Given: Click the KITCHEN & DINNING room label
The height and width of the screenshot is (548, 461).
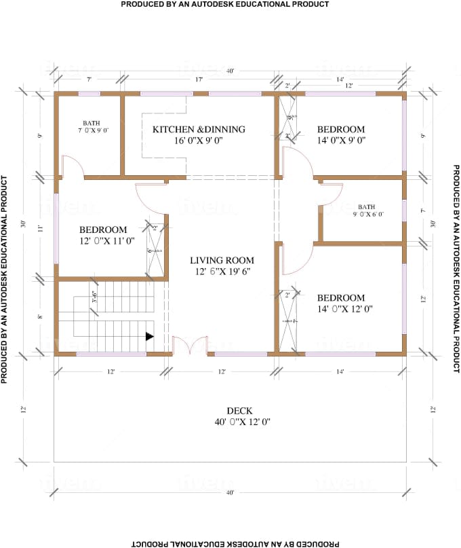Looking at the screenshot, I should click(199, 129).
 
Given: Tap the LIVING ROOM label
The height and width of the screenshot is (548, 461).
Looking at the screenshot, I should click(222, 260).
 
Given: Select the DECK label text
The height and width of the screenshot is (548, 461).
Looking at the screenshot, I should click(239, 411).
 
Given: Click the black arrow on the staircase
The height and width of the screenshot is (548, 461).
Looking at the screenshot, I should click(149, 336).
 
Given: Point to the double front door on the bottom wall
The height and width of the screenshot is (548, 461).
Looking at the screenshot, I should click(190, 346).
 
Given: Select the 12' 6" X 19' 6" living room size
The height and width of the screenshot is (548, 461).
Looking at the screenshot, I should click(222, 271).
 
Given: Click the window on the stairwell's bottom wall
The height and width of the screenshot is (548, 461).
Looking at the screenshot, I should click(111, 354).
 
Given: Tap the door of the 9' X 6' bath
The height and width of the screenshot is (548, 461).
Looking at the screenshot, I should click(330, 194).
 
